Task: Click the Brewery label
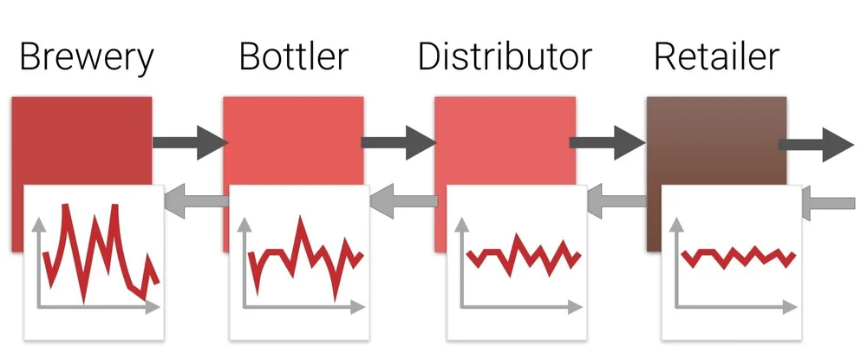tap(86, 57)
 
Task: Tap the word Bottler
tap(293, 57)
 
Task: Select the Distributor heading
tap(505, 57)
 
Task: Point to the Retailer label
tap(716, 57)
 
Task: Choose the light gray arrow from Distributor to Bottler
tap(404, 201)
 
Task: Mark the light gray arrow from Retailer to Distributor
tap(616, 201)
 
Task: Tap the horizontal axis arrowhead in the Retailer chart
tap(789, 307)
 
